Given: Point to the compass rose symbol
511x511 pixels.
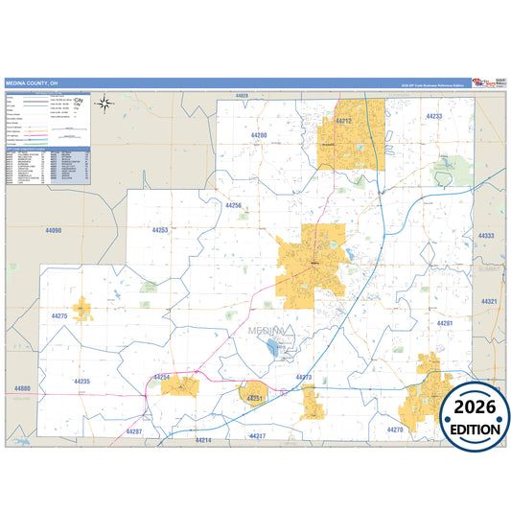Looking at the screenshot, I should [x=106, y=105].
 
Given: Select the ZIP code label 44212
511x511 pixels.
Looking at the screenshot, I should [x=342, y=122].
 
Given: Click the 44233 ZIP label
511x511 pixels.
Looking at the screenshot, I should [x=434, y=116].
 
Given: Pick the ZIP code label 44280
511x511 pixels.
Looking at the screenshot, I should [x=257, y=136].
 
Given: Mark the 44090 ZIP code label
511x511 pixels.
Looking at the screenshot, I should [x=53, y=231].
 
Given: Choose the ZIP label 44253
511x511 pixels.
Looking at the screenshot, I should [x=160, y=230].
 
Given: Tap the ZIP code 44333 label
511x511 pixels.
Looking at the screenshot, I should [x=486, y=236].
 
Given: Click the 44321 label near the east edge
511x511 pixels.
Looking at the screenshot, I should [x=489, y=301].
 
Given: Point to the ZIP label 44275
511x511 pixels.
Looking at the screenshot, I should [x=58, y=315].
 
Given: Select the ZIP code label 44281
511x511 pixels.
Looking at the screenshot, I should [x=445, y=323].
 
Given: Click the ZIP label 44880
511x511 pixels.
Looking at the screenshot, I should [x=22, y=388].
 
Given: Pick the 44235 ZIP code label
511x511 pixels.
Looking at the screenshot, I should [x=81, y=382].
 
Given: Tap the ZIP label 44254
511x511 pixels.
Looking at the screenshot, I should [x=161, y=378].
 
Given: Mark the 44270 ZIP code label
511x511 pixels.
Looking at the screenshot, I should [x=395, y=430].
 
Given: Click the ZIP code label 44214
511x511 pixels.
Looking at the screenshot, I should [x=203, y=440].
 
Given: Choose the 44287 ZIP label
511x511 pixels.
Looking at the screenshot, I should [x=133, y=431].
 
